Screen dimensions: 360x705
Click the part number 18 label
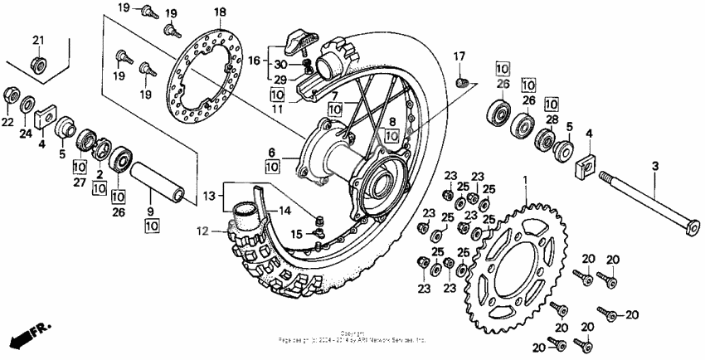[x=220, y=12]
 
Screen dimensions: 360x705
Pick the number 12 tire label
[x=202, y=231]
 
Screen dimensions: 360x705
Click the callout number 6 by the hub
[x=271, y=152]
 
